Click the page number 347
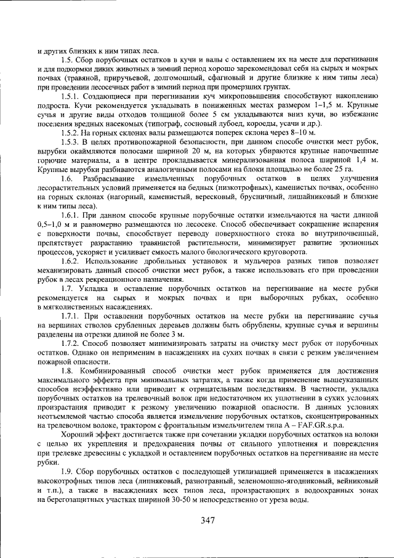[x=207, y=520]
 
